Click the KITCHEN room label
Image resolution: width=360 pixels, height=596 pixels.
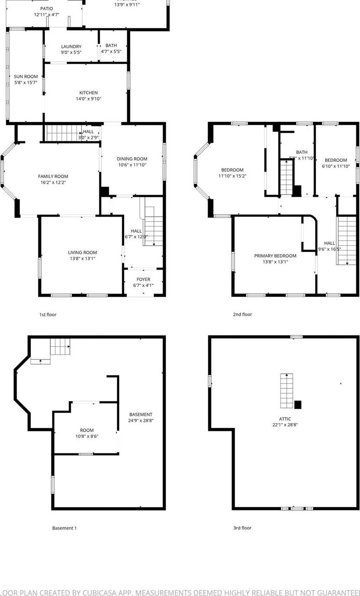pos(88,93)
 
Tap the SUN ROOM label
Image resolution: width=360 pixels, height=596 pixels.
pos(26,76)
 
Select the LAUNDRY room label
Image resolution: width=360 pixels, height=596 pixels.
pos(71,46)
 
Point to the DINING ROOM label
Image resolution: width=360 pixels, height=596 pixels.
pos(132,159)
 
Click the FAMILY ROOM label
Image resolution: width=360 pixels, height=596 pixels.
pos(53,176)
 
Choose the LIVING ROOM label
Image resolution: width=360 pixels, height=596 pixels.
pos(82,252)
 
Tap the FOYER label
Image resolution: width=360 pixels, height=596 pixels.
pos(143,280)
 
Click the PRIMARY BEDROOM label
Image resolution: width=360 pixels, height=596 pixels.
pos(275,256)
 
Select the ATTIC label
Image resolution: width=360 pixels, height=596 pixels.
pos(285,419)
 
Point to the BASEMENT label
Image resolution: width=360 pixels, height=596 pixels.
pos(141,414)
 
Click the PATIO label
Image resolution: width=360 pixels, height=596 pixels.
pos(46,9)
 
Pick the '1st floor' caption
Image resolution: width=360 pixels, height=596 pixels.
pos(48,315)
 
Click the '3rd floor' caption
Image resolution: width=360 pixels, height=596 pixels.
pos(242,528)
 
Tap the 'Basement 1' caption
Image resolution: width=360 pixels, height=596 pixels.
pos(64,528)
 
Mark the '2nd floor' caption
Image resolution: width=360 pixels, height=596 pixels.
pos(242,315)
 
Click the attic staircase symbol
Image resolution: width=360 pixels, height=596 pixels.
pos(286,391)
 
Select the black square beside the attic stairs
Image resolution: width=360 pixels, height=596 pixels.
pos(298,405)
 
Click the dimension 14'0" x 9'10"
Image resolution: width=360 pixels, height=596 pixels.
pos(88,99)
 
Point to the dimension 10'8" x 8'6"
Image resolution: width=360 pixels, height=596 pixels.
pos(86,436)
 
